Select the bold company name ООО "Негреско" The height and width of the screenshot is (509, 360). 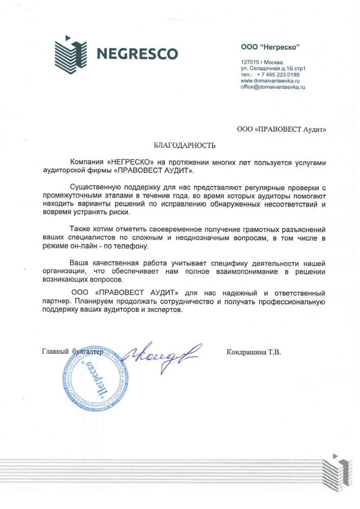(270, 47)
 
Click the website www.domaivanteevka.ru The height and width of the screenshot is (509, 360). (270, 81)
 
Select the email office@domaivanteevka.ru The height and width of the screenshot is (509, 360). (272, 87)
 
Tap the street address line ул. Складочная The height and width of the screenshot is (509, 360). (276, 69)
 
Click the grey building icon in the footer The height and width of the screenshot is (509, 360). (338, 470)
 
